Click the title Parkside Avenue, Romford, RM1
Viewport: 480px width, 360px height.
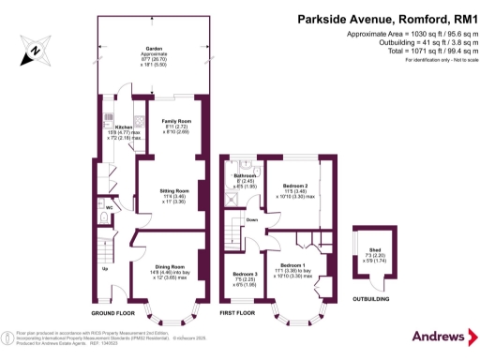373,17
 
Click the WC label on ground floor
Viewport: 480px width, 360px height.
110,208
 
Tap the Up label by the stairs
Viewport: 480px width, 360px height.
103,269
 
